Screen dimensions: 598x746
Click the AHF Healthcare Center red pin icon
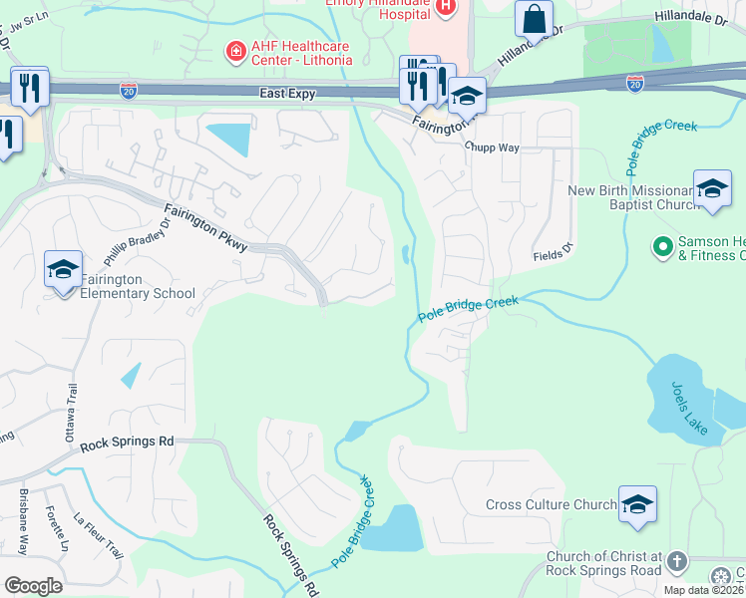click(235, 51)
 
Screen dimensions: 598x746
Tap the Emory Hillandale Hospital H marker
click(445, 7)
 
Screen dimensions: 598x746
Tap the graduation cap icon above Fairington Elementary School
click(63, 269)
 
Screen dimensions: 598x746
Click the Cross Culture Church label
click(551, 504)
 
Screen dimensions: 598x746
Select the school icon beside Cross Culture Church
click(636, 504)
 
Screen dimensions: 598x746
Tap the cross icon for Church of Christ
click(676, 561)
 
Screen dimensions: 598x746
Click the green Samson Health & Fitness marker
click(660, 244)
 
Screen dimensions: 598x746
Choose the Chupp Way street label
click(492, 147)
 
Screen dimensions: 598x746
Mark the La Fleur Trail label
click(98, 536)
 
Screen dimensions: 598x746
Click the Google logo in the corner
click(33, 585)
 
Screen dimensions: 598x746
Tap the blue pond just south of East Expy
click(228, 137)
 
